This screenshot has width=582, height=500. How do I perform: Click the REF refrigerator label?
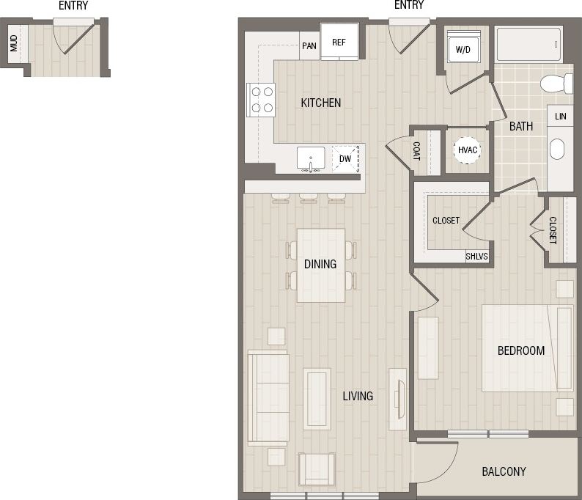coord(339,42)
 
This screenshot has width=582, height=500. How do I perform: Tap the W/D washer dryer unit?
coord(463,50)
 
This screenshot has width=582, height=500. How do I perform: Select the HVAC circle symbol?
coord(467,150)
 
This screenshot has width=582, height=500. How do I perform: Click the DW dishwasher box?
coord(345,158)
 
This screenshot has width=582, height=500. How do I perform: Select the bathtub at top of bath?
coord(528,45)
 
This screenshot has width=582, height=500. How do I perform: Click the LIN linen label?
coord(560,117)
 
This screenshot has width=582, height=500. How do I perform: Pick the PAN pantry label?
coord(309,45)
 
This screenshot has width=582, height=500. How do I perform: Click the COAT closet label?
coord(416,152)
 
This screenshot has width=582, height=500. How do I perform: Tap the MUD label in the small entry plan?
coord(14,45)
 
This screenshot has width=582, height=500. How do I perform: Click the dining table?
coord(320,265)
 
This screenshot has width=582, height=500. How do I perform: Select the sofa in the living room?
coord(268,397)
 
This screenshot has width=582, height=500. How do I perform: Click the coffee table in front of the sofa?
coord(317,399)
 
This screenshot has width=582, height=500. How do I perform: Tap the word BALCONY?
coord(504,471)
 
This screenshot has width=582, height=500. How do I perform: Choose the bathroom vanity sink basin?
coord(558,149)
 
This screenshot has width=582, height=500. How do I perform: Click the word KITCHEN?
coord(320,103)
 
